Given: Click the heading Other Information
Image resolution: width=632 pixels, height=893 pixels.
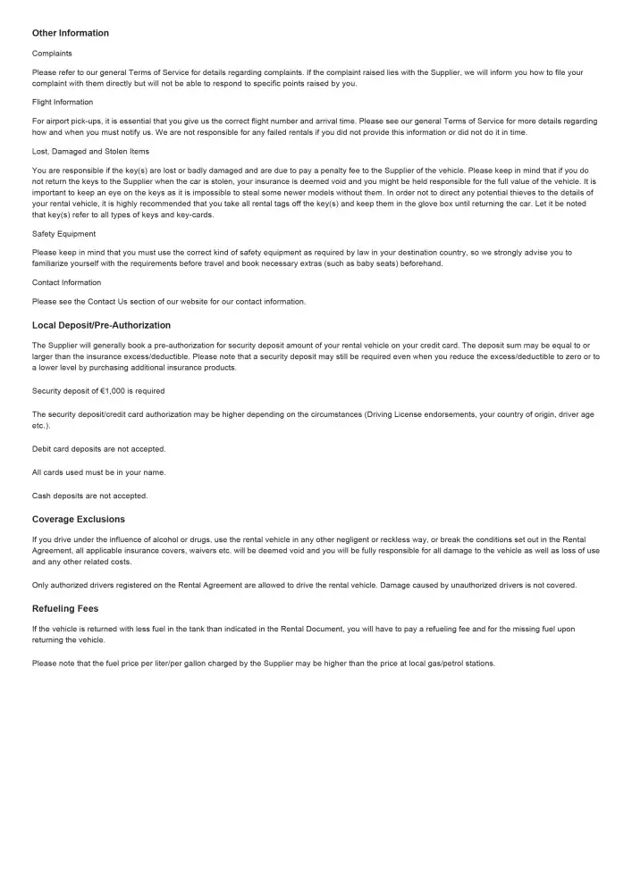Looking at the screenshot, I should (71, 33).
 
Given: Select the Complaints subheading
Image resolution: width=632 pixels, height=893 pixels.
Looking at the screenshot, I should (52, 54).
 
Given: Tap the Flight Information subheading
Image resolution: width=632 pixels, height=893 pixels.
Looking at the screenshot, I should (63, 102).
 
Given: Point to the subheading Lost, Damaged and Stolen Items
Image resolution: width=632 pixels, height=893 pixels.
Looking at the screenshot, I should (90, 151).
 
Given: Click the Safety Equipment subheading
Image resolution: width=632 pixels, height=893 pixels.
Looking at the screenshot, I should (63, 234).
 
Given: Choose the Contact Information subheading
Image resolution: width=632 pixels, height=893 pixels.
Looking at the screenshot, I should (67, 283).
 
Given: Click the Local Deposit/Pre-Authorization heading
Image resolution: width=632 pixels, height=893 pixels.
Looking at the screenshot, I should (101, 325).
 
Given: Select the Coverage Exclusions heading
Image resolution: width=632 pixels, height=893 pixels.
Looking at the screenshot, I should (79, 519).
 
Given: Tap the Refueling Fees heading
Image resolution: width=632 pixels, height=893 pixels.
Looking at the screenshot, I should (65, 609).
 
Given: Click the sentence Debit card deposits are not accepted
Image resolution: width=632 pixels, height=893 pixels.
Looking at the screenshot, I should (98, 449).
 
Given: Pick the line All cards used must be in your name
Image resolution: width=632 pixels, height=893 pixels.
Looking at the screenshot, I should (98, 472).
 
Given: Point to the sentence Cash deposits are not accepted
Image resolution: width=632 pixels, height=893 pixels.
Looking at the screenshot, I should (90, 496).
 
